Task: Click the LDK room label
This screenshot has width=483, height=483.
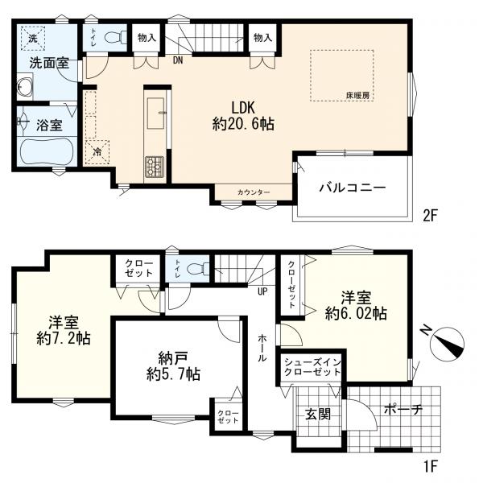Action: [243, 116]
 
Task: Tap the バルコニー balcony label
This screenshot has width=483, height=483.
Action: [353, 188]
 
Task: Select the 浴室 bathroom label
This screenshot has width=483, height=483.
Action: [49, 126]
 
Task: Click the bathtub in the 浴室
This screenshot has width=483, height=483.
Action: [47, 152]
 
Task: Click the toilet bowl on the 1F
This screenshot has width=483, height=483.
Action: [197, 269]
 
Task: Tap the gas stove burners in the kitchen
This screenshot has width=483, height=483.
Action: [155, 166]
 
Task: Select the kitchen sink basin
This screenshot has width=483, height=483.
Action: [155, 114]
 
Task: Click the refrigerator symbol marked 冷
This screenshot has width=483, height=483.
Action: [97, 152]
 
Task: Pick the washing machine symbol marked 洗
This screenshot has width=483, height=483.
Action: [33, 38]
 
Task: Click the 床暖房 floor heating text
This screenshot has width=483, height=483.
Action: [357, 96]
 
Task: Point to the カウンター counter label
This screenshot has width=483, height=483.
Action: [254, 192]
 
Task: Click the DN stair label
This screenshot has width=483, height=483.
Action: [178, 60]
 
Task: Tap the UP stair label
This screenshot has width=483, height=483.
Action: [262, 291]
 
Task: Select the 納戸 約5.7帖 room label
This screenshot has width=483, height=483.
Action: [173, 366]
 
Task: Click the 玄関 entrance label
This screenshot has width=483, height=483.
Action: [318, 415]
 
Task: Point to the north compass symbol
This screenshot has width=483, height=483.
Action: [448, 344]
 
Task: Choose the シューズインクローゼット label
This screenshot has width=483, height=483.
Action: [312, 367]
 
